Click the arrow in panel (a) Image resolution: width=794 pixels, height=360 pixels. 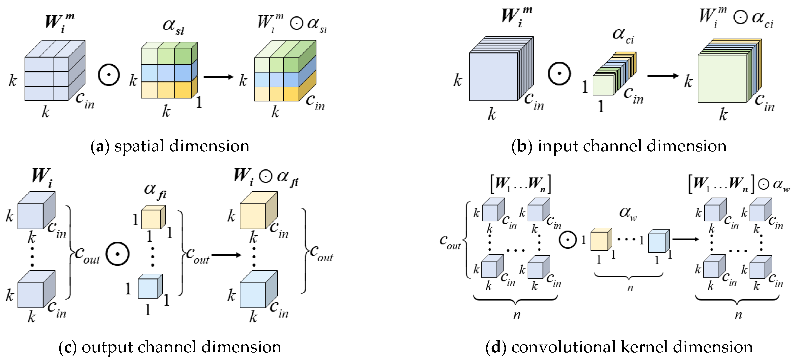(x=218, y=77)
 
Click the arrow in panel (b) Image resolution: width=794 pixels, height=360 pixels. (x=663, y=75)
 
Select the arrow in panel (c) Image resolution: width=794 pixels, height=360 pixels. (x=226, y=255)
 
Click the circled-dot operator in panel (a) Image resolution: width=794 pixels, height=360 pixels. (x=108, y=75)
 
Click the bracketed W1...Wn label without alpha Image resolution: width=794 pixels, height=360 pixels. (x=521, y=184)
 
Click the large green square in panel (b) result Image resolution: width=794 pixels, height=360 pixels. (x=722, y=79)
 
